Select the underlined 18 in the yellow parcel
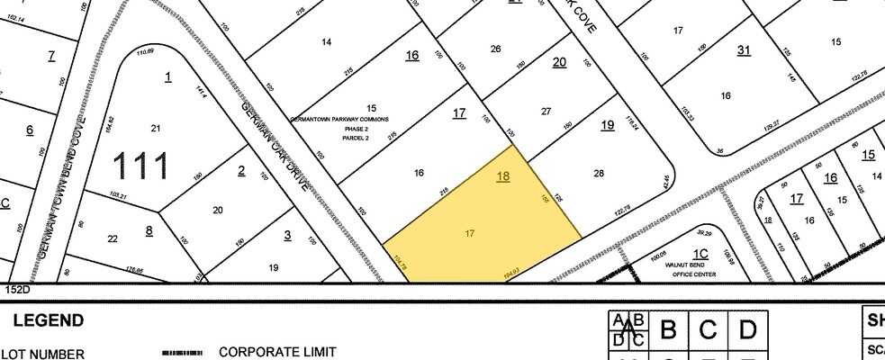[x=503, y=176]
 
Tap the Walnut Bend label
[x=693, y=265]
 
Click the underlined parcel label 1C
[x=701, y=254]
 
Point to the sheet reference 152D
[x=18, y=290]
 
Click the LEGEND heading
[x=47, y=320]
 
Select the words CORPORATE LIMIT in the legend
[x=277, y=353]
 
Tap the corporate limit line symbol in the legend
[x=183, y=354]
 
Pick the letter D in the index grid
[x=746, y=330]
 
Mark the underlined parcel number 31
[x=744, y=49]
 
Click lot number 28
[x=599, y=172]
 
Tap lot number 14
[x=326, y=42]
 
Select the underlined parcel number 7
[x=51, y=56]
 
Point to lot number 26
[x=495, y=49]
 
